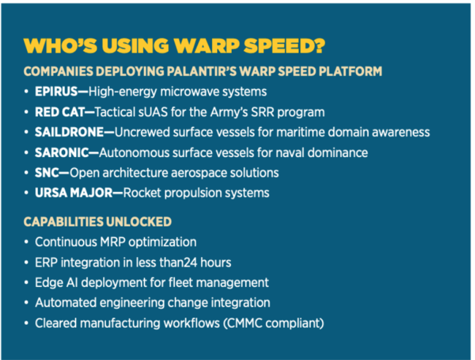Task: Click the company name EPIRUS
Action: click(x=56, y=91)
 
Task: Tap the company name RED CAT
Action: click(x=59, y=112)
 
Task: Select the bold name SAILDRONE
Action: click(x=69, y=132)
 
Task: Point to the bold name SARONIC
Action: click(x=62, y=153)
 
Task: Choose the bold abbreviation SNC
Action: click(x=47, y=173)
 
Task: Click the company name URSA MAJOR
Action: click(x=74, y=193)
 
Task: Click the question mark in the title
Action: click(x=317, y=46)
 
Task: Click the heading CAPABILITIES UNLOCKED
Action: click(x=97, y=222)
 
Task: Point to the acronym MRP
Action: click(x=113, y=242)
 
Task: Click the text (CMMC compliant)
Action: click(x=273, y=323)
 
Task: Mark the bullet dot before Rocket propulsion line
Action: click(x=26, y=193)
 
